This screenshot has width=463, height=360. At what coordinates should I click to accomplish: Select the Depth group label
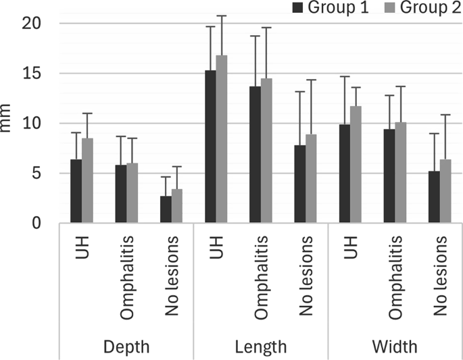pyautogui.click(x=126, y=346)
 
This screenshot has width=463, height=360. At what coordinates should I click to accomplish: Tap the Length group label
pyautogui.click(x=261, y=346)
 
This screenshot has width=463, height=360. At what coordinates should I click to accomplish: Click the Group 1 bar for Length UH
pyautogui.click(x=211, y=147)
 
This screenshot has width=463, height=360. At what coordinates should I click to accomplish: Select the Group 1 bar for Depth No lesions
pyautogui.click(x=166, y=209)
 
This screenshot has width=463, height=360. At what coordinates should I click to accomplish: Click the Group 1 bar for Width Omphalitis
pyautogui.click(x=389, y=176)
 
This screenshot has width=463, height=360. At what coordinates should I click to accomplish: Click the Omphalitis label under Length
pyautogui.click(x=261, y=277)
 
